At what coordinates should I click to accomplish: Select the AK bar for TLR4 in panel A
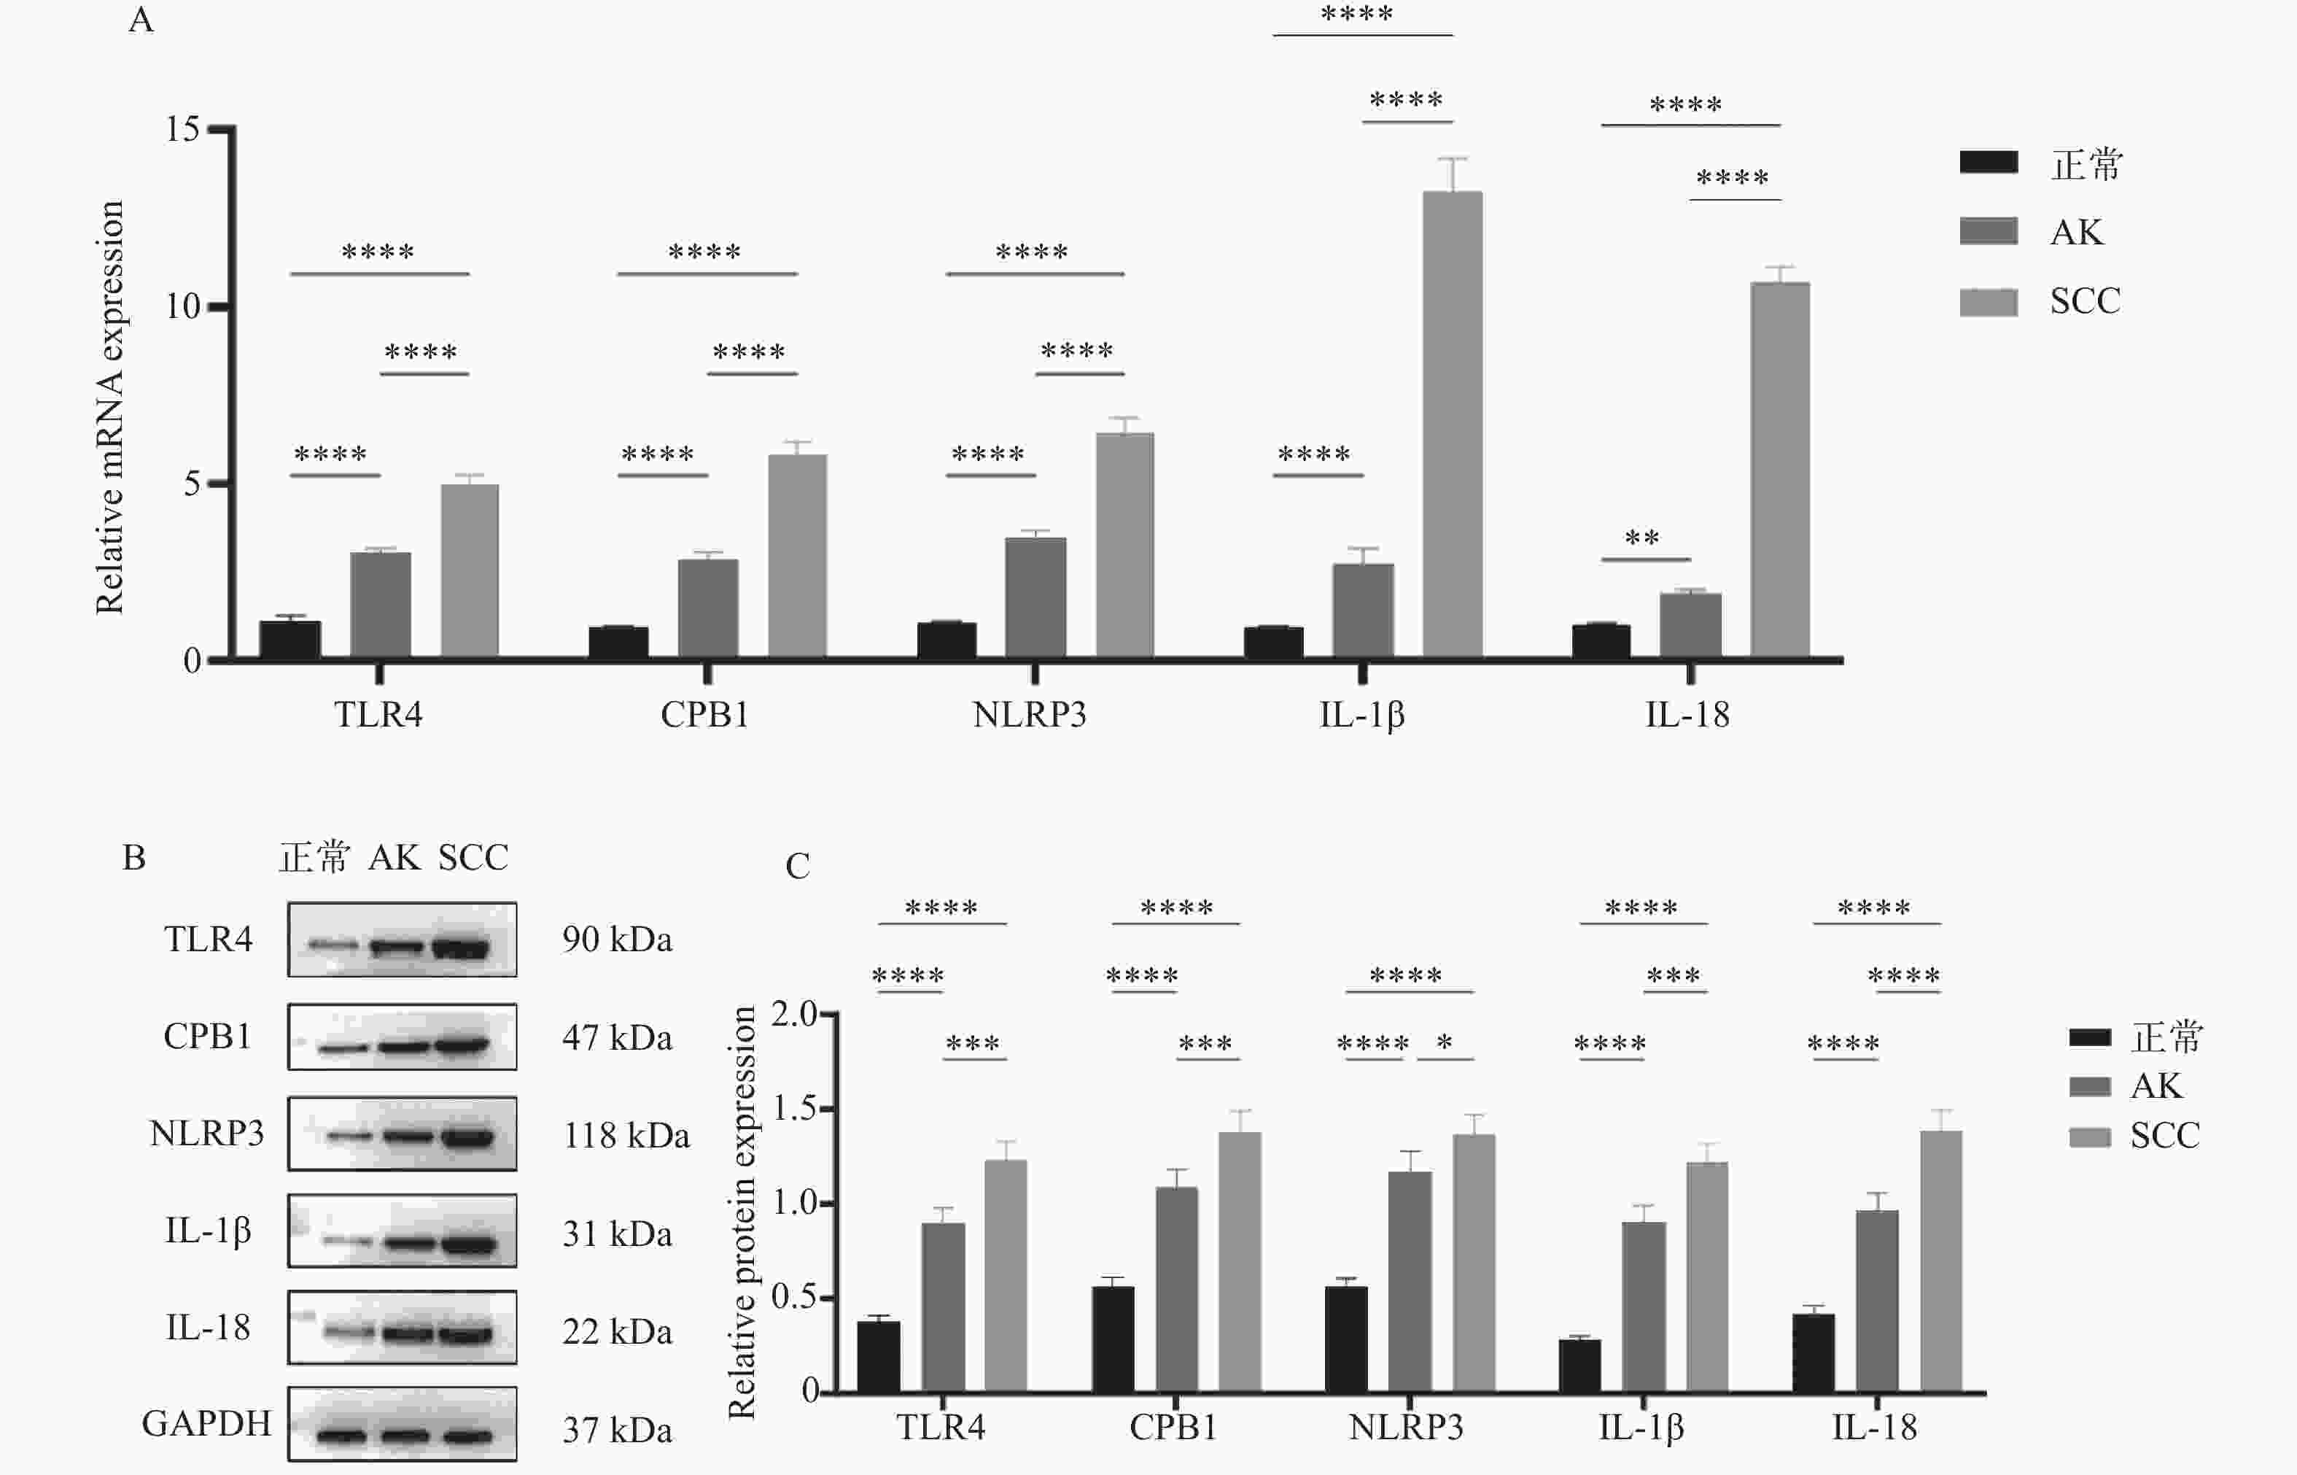pyautogui.click(x=380, y=604)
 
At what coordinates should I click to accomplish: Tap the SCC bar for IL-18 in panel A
pyautogui.click(x=1780, y=469)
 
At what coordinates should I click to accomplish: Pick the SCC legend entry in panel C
pyautogui.click(x=2134, y=1136)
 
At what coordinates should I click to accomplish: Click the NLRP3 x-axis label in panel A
pyautogui.click(x=1030, y=714)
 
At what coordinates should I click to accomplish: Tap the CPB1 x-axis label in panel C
pyautogui.click(x=1173, y=1427)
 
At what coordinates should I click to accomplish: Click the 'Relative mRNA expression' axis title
pyautogui.click(x=109, y=407)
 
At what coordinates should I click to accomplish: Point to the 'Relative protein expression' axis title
pyautogui.click(x=742, y=1212)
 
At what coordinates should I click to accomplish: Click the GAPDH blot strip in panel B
pyautogui.click(x=402, y=1424)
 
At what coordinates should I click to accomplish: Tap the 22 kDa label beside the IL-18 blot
pyautogui.click(x=618, y=1331)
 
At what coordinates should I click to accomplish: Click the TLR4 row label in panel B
pyautogui.click(x=208, y=940)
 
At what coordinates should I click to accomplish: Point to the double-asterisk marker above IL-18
pyautogui.click(x=1642, y=538)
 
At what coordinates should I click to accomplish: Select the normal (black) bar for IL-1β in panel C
pyautogui.click(x=1579, y=1365)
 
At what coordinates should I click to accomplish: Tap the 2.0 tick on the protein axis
pyautogui.click(x=794, y=1014)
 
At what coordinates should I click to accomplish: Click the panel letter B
pyautogui.click(x=134, y=857)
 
